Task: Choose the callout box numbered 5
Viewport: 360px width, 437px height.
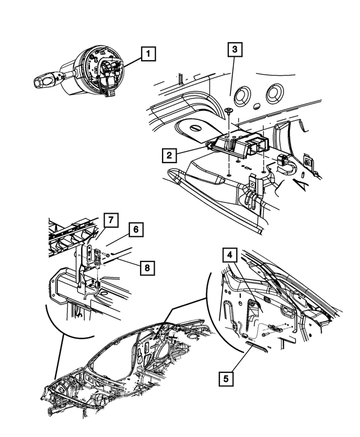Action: point(226,379)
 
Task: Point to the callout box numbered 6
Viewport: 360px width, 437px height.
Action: point(135,229)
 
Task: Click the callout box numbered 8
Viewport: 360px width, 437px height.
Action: point(147,268)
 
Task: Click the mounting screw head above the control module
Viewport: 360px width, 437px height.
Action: point(229,110)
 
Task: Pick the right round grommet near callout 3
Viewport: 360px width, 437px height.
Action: point(275,92)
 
